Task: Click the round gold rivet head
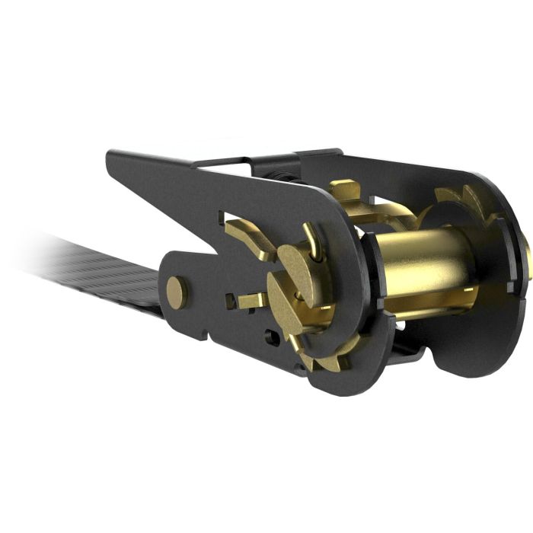point(177,292)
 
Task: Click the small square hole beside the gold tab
point(231,300)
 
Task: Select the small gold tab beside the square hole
point(250,301)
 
